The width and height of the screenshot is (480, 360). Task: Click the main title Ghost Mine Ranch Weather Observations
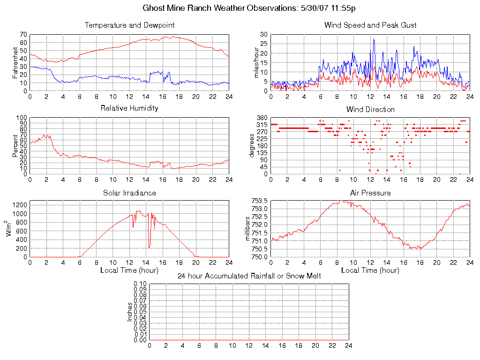pos(248,8)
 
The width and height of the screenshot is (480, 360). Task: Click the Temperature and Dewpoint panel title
pos(129,25)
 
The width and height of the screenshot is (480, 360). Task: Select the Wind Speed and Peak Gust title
pos(370,25)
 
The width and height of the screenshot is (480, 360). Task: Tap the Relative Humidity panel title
pos(129,108)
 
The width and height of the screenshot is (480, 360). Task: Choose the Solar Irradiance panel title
pos(129,193)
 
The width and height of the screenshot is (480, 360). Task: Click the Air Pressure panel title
pos(370,193)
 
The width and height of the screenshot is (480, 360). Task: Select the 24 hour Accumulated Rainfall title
pos(249,276)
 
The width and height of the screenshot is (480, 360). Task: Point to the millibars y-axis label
pos(249,228)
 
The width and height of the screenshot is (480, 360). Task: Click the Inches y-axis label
pos(130,312)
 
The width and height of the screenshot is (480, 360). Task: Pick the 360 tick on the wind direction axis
pos(262,118)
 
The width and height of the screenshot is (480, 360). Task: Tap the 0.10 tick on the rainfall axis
pos(140,284)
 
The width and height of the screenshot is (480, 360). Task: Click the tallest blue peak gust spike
pos(374,39)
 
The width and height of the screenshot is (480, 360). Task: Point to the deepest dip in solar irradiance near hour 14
pos(149,247)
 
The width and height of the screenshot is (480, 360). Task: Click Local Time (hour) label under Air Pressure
pos(370,270)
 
